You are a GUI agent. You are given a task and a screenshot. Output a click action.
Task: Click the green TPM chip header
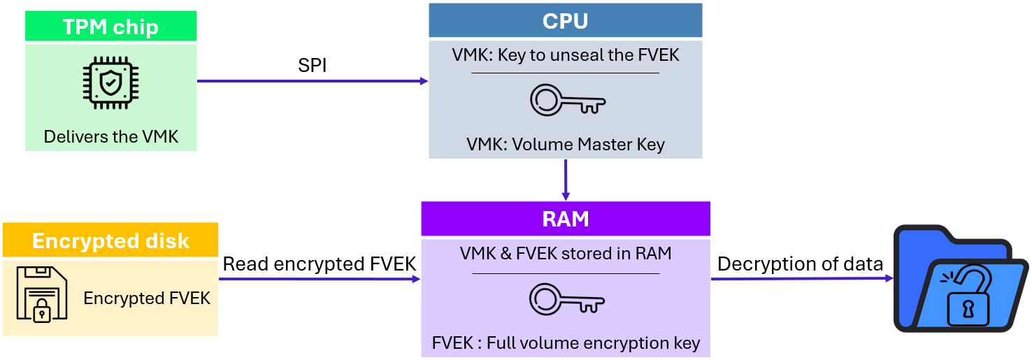(x=110, y=27)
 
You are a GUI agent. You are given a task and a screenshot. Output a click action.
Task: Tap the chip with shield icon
(x=110, y=84)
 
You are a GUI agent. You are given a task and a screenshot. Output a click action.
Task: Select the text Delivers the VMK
(x=110, y=136)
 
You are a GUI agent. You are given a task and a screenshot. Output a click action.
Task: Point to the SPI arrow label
(x=312, y=66)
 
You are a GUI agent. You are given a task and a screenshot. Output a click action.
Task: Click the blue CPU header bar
(x=565, y=21)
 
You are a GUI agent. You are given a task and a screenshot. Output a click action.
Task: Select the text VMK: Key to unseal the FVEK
(x=565, y=55)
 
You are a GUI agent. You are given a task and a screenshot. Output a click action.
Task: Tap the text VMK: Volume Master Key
(x=565, y=145)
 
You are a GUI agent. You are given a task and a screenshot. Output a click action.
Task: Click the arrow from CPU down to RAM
(x=566, y=180)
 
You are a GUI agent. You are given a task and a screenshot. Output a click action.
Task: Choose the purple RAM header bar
(x=565, y=219)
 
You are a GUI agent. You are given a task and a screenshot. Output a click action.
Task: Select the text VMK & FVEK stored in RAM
(x=565, y=254)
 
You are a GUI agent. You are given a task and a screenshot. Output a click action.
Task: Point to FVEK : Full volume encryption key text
(x=565, y=343)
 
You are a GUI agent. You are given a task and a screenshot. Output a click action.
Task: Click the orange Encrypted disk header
(x=110, y=241)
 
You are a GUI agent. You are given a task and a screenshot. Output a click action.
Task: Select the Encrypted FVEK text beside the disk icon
(x=147, y=298)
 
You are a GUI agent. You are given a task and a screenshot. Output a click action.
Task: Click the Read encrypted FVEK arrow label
(x=320, y=264)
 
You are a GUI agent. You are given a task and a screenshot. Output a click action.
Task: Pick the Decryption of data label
(x=800, y=264)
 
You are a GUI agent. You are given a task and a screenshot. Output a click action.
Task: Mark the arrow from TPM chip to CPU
(x=312, y=81)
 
